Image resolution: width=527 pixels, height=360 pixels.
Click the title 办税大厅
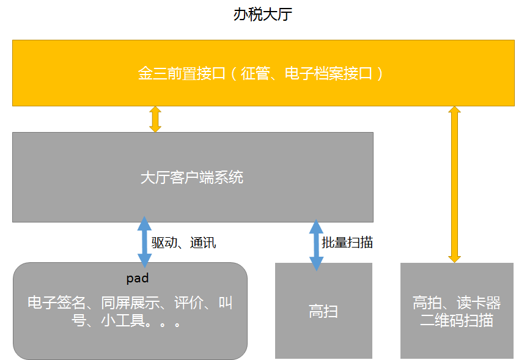pyautogui.click(x=262, y=15)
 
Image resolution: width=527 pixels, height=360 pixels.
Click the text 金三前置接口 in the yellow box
pyautogui.click(x=182, y=73)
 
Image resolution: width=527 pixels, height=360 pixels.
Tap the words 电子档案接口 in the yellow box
pyautogui.click(x=328, y=73)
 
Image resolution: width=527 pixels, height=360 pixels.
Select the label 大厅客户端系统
pyautogui.click(x=192, y=177)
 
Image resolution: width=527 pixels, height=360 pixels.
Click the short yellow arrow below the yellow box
pyautogui.click(x=155, y=119)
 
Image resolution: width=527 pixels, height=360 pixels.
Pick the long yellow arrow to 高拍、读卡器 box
pyautogui.click(x=454, y=184)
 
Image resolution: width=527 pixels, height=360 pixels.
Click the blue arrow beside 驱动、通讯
pyautogui.click(x=144, y=242)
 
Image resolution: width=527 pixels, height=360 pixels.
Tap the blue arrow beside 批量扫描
pyautogui.click(x=316, y=245)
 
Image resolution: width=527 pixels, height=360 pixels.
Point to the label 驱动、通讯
pyautogui.click(x=183, y=243)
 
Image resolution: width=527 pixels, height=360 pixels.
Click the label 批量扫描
pyautogui.click(x=347, y=243)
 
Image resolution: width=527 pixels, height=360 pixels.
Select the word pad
pyautogui.click(x=137, y=278)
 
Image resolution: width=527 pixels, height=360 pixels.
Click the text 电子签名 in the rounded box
pyautogui.click(x=56, y=303)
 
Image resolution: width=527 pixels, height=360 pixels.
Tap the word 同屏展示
pyautogui.click(x=130, y=303)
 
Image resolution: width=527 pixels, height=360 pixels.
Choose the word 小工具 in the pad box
pyautogui.click(x=123, y=320)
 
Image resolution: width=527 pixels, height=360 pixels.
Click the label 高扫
pyautogui.click(x=323, y=311)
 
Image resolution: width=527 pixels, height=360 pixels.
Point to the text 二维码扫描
pyautogui.click(x=457, y=320)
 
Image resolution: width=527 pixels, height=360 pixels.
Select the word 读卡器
pyautogui.click(x=479, y=303)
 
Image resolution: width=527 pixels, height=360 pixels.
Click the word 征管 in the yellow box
pyautogui.click(x=255, y=73)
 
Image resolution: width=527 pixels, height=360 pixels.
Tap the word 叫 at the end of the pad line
pyautogui.click(x=225, y=303)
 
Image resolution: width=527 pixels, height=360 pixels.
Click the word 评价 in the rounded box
pyautogui.click(x=189, y=303)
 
